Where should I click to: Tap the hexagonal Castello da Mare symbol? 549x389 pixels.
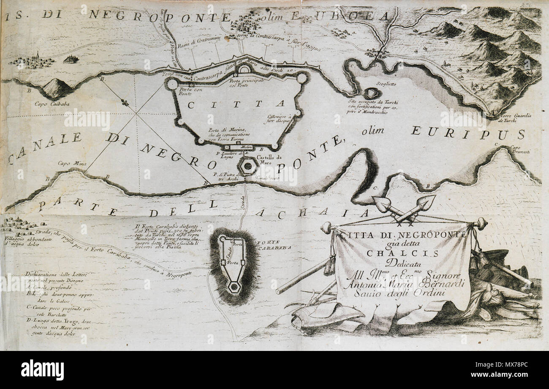click(x=247, y=166)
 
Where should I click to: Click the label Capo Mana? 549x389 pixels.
click(x=68, y=162)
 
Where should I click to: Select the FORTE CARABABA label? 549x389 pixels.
click(x=274, y=246)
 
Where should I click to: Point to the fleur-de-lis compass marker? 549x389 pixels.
click(x=124, y=102)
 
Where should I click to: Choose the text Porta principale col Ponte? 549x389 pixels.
click(x=247, y=82)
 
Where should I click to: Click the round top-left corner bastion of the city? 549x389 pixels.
click(x=171, y=84)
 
